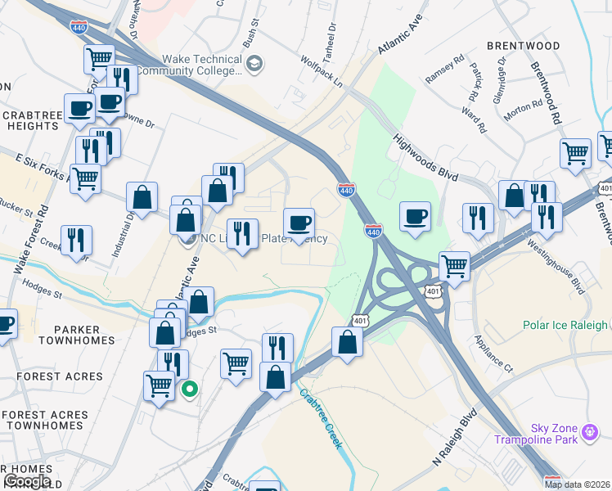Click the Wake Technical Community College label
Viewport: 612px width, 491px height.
point(202,65)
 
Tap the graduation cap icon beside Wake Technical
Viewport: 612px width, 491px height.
point(255,63)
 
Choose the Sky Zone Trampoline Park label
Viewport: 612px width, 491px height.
point(547,435)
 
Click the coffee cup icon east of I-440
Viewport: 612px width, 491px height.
point(416,216)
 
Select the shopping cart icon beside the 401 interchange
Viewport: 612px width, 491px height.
point(454,266)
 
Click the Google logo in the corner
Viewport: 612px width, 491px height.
point(27,481)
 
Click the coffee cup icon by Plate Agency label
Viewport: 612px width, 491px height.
point(299,222)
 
